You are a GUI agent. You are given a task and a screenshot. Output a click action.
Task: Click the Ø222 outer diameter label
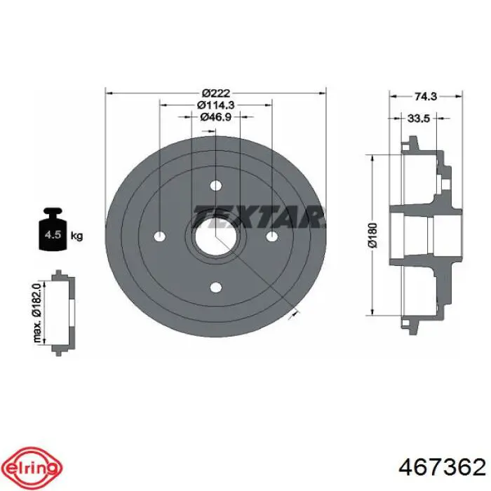coord(216,93)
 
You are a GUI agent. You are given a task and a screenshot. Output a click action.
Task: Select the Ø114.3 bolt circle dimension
coord(216,105)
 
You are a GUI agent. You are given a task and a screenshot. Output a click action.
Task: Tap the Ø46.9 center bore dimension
coord(216,117)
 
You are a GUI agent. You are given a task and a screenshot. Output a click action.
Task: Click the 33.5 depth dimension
coord(419,119)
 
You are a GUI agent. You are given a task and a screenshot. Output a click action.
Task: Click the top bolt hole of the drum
coord(216,186)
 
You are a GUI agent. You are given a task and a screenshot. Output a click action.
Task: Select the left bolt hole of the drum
coord(161,236)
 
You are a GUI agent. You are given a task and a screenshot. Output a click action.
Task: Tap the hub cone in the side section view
coord(421,236)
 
